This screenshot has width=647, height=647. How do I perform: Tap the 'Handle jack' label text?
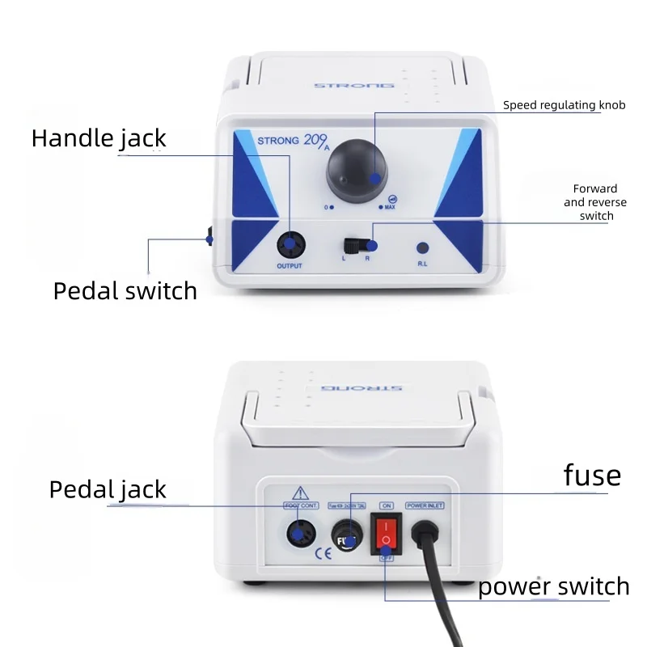99,138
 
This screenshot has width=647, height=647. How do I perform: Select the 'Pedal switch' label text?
125,291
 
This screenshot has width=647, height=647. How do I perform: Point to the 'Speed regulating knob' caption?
564,105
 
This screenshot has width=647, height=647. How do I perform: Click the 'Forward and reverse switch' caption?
595,202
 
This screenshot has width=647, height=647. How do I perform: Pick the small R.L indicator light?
421,248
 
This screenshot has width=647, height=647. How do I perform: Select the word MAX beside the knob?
390,208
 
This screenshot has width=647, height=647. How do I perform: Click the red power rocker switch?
387,533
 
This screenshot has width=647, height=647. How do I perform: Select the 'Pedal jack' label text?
108,489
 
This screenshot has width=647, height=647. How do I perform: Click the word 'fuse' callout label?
592,476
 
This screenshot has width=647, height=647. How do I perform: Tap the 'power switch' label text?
553,586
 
